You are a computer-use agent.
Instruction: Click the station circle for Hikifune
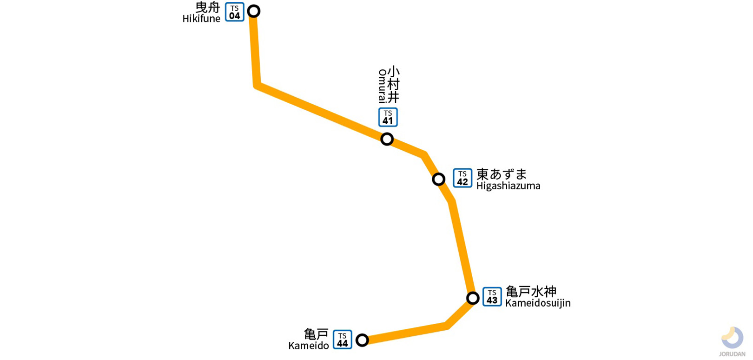point(253,11)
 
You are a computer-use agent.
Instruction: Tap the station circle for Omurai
point(387,139)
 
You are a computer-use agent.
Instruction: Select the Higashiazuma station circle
point(438,179)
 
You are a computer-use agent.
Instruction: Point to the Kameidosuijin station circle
point(473,298)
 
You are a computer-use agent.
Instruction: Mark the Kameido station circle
point(362,340)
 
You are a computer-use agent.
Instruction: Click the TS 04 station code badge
point(235,12)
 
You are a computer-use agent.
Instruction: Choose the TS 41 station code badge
point(388,117)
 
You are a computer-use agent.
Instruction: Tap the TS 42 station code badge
point(462,178)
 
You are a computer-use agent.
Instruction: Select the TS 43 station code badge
point(492,297)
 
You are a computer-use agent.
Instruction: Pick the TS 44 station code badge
point(343,340)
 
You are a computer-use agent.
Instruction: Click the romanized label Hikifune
point(201,19)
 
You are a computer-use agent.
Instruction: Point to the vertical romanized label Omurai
point(382,86)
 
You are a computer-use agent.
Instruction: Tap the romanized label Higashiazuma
point(508,186)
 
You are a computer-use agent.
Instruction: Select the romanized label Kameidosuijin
point(538,303)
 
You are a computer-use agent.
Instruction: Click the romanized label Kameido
point(309,346)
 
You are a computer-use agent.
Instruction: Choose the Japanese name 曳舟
point(207,7)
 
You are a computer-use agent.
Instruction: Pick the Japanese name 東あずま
point(502,174)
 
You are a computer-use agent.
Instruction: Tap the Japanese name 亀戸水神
point(531,292)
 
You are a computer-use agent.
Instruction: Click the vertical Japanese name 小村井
point(393,84)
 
